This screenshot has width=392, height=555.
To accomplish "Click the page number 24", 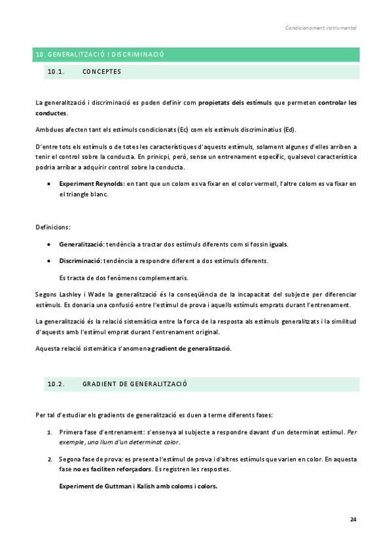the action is (353, 519).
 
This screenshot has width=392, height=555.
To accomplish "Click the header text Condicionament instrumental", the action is (321, 28).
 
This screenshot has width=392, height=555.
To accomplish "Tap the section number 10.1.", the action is (56, 72).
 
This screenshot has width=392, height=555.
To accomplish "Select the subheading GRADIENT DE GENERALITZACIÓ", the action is (135, 384).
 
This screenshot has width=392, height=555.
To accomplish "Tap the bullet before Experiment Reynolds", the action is (50, 184).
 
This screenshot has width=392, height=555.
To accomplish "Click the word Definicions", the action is (53, 227).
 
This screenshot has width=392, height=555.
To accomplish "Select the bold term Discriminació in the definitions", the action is (81, 261).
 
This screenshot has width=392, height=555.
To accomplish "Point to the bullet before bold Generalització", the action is (50, 244).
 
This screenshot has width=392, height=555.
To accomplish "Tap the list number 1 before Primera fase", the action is (50, 432).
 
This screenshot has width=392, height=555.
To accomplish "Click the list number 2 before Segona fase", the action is (50, 459).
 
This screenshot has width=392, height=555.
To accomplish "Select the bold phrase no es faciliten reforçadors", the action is (103, 469).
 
